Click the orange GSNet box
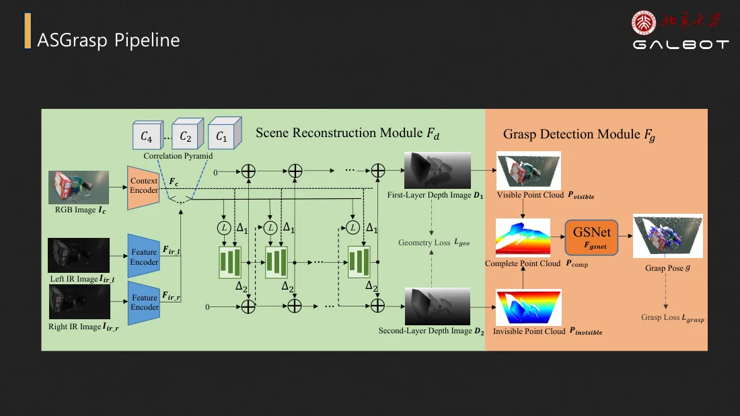click(591, 238)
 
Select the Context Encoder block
click(143, 188)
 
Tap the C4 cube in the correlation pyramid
click(148, 136)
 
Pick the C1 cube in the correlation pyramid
click(225, 134)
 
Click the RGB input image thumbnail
click(78, 188)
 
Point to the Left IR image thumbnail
click(78, 255)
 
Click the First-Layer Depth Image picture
click(437, 170)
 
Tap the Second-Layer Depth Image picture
click(437, 306)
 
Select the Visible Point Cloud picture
click(529, 170)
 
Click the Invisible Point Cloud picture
click(529, 308)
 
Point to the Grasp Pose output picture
click(668, 236)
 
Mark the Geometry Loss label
click(434, 243)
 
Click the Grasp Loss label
click(673, 318)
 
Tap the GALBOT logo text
click(681, 44)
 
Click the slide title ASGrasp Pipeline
click(108, 40)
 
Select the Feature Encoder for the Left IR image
click(144, 256)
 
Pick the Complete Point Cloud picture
click(523, 237)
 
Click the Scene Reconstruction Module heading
click(347, 134)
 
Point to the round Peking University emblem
click(644, 23)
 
